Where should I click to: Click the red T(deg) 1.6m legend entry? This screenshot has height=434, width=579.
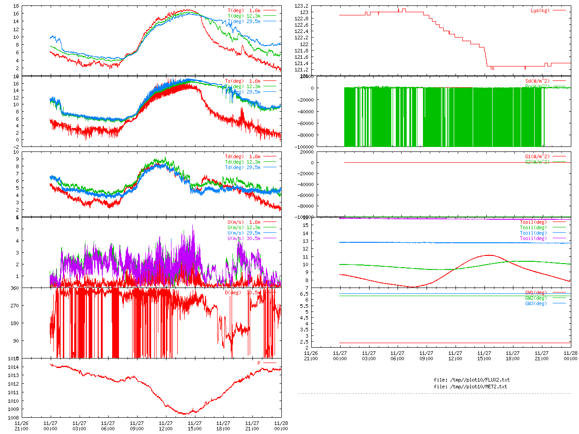tap(244, 10)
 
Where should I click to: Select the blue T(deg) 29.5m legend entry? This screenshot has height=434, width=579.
tap(244, 21)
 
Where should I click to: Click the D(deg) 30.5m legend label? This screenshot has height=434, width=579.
tap(243, 292)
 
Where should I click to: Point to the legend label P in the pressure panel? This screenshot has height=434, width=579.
tap(259, 363)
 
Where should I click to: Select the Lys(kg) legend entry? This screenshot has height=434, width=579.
tap(540, 10)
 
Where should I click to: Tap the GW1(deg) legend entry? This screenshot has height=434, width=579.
tap(536, 292)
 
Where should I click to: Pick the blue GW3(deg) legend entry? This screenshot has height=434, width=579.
tap(536, 303)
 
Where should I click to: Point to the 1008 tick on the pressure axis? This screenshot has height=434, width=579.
tap(13, 417)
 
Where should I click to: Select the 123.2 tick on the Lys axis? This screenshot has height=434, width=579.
tap(301, 6)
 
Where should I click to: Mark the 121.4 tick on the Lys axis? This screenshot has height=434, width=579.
tap(301, 63)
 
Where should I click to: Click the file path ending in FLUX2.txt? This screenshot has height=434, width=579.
tap(471, 380)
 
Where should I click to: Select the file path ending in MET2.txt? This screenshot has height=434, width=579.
tap(470, 387)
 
